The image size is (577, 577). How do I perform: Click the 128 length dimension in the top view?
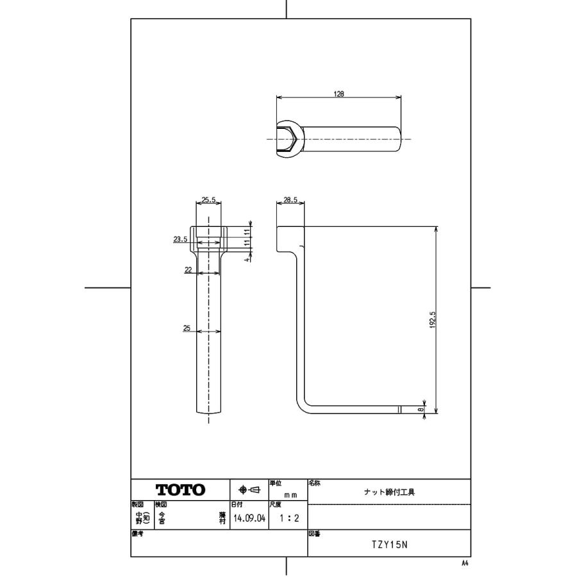pyautogui.click(x=339, y=94)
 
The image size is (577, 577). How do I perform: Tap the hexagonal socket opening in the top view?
pyautogui.click(x=286, y=138)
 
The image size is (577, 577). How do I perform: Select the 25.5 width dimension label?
pyautogui.click(x=208, y=200)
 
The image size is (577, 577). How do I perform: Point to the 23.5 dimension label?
pyautogui.click(x=180, y=239)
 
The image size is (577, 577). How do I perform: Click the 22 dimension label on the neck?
pyautogui.click(x=188, y=270)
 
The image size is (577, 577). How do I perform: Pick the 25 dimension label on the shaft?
pyautogui.click(x=187, y=328)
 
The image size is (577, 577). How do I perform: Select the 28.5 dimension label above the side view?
pyautogui.click(x=290, y=200)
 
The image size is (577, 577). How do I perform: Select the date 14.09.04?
pyautogui.click(x=249, y=518)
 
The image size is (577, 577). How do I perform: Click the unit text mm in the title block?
pyautogui.click(x=291, y=495)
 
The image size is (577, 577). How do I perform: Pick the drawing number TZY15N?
pyautogui.click(x=389, y=546)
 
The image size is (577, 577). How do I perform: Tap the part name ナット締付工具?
pyautogui.click(x=389, y=492)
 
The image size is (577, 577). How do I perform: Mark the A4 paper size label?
pyautogui.click(x=465, y=562)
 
